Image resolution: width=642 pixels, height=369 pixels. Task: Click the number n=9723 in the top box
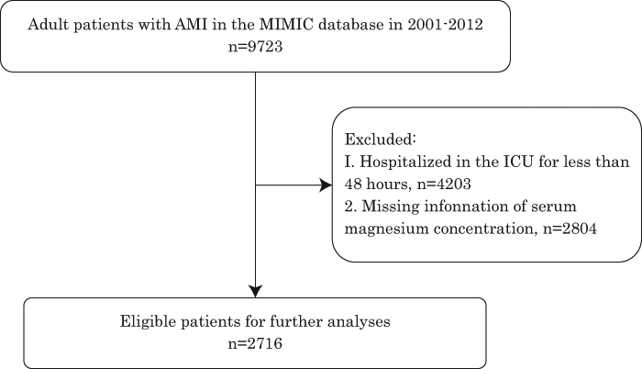pos(256,46)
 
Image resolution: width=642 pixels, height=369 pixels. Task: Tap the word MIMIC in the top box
pos(286,24)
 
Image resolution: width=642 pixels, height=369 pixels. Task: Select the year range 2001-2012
pos(445,24)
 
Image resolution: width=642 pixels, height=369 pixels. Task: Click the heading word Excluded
pos(381,140)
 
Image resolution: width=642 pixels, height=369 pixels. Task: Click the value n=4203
pos(444,184)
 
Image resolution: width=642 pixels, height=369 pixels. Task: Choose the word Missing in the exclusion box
pos(391,207)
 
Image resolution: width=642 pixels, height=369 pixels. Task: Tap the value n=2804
pos(570,229)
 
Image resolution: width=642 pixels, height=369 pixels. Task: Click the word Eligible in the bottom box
pos(148,321)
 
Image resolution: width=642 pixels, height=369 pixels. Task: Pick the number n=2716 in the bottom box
pos(255,343)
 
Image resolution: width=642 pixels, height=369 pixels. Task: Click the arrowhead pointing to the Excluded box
pos(326,185)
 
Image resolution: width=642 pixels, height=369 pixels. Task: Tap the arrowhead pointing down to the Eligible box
pos(256,291)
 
